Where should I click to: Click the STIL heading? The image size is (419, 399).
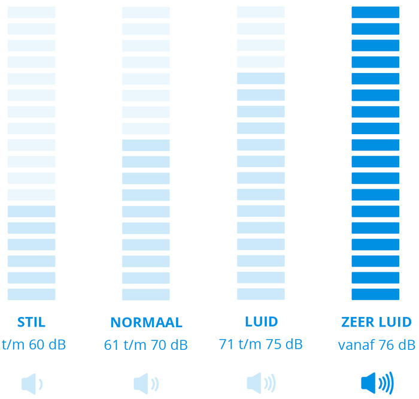click(x=31, y=322)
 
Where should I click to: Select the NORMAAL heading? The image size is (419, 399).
click(x=146, y=322)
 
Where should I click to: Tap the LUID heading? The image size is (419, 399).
click(x=261, y=322)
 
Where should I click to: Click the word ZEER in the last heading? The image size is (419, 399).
click(x=357, y=322)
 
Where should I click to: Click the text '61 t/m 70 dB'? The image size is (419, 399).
click(x=146, y=345)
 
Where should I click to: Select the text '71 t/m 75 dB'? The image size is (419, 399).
click(x=260, y=344)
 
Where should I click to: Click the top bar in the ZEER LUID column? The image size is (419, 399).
click(x=375, y=12)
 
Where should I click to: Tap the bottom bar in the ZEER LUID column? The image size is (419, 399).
click(x=375, y=294)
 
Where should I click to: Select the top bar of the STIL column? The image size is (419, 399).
click(x=31, y=12)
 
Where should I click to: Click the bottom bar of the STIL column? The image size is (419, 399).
click(x=31, y=294)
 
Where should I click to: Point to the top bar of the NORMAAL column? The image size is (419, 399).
click(x=146, y=12)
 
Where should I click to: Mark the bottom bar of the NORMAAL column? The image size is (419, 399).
click(x=146, y=294)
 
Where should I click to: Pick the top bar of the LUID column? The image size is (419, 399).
click(x=261, y=12)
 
